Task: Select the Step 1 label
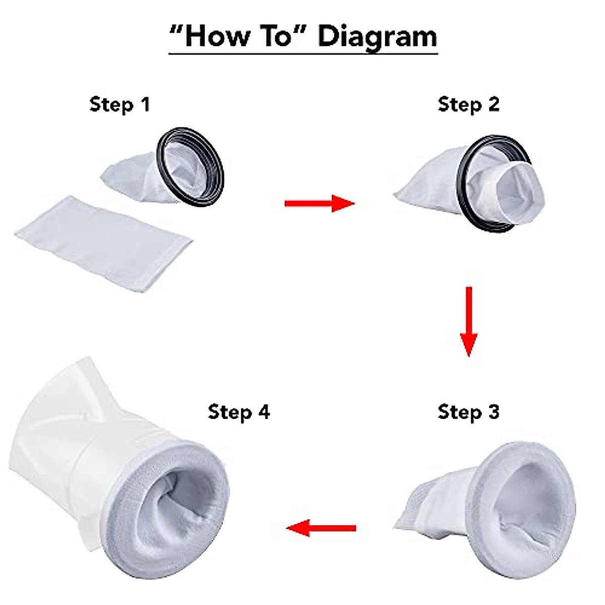[119, 104]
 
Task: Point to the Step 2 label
[468, 104]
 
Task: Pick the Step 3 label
[468, 412]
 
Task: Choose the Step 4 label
[238, 412]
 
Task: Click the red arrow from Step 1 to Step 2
[319, 203]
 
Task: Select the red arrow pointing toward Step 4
[321, 528]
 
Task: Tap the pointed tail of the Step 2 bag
[403, 194]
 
